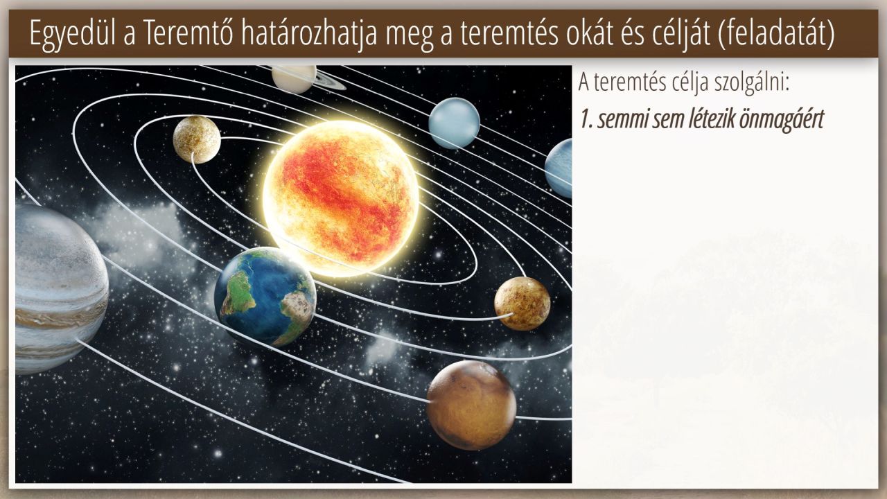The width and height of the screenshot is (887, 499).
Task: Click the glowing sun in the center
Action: click(x=341, y=199)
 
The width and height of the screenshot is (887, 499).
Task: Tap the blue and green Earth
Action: click(x=265, y=297)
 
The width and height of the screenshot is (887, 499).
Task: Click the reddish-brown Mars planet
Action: click(x=471, y=405)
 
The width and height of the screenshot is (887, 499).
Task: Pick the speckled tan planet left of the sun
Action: click(x=197, y=139)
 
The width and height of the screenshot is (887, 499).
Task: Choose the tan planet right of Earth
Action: click(x=522, y=304)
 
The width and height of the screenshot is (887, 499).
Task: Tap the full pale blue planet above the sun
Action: click(x=454, y=123)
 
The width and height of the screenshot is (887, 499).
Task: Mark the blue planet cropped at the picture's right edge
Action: click(x=559, y=168)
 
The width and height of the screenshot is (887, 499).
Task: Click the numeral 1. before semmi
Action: click(x=586, y=119)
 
